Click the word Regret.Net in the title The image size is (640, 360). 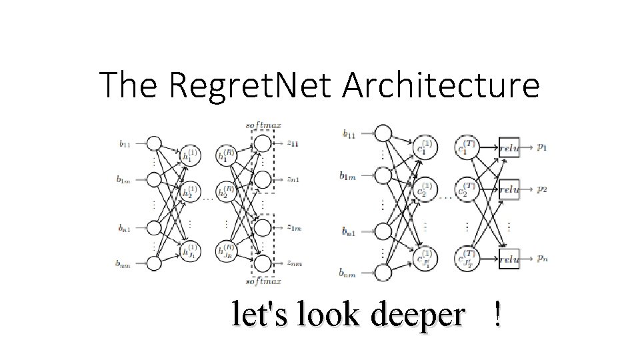click(x=253, y=85)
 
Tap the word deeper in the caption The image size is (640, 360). click(x=417, y=314)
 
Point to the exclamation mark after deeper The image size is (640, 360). click(x=497, y=314)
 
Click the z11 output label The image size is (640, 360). click(x=294, y=143)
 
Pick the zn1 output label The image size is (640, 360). click(x=294, y=179)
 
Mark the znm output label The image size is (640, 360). click(x=294, y=263)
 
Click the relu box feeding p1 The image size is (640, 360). click(x=508, y=148)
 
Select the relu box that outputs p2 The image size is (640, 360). click(x=508, y=189)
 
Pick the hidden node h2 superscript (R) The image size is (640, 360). click(x=226, y=192)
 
